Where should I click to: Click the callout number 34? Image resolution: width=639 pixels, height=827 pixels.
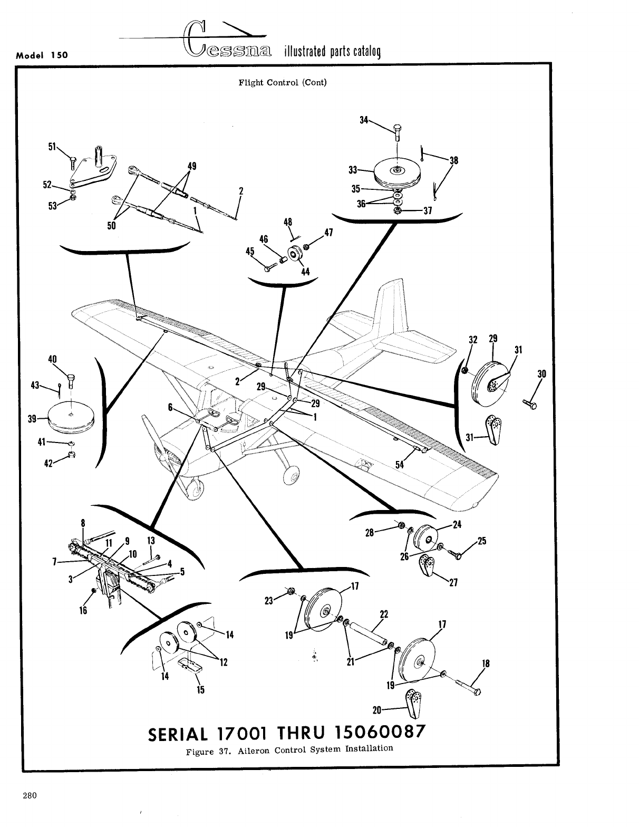364,120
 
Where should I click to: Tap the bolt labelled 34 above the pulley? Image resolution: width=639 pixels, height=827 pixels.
398,131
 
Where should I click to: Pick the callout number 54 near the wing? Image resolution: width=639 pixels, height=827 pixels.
400,464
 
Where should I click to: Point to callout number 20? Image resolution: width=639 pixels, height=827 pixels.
377,710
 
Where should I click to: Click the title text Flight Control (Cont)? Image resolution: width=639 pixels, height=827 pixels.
283,82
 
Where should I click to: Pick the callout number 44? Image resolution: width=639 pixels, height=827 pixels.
305,272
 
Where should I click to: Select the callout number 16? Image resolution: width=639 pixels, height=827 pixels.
83,610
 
